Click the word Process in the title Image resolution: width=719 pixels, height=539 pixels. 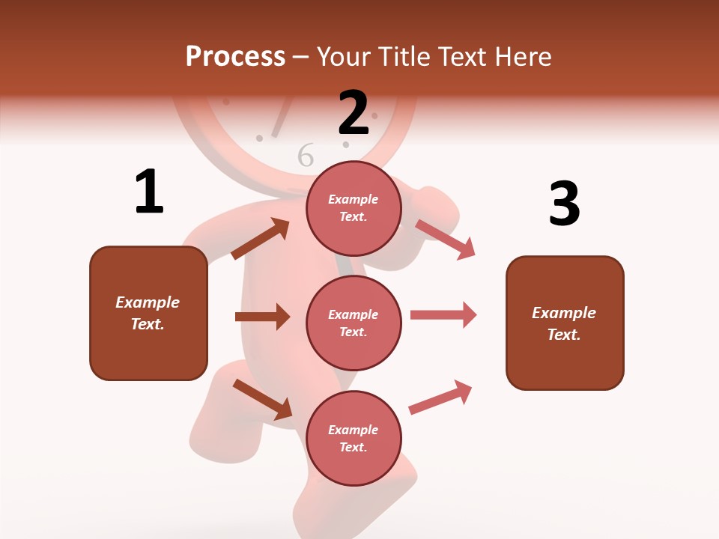[x=235, y=57]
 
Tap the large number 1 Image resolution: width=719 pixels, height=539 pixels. [x=149, y=192]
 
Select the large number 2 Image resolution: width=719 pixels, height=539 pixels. [x=354, y=113]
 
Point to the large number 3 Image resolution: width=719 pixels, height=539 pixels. [x=564, y=204]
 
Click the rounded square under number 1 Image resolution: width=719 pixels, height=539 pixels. [x=148, y=313]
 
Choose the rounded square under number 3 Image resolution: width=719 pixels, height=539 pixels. [x=565, y=323]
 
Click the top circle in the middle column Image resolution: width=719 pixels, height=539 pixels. [x=354, y=208]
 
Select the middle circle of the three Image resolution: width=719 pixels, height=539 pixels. [x=354, y=323]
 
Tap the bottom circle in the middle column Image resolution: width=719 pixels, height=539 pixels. [x=354, y=438]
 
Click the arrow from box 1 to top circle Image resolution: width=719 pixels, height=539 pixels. [x=261, y=239]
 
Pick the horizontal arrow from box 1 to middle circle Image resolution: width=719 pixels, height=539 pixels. [x=262, y=317]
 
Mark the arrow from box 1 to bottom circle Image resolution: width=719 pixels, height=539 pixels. [x=262, y=399]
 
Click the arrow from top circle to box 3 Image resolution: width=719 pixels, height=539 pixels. [x=446, y=239]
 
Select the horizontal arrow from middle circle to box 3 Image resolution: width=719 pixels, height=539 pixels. [x=443, y=314]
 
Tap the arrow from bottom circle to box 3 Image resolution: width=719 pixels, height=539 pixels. [x=441, y=397]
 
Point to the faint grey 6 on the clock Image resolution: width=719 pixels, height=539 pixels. [x=306, y=155]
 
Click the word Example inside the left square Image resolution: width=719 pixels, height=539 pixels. [x=148, y=302]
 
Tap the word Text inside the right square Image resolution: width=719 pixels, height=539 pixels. [x=563, y=335]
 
